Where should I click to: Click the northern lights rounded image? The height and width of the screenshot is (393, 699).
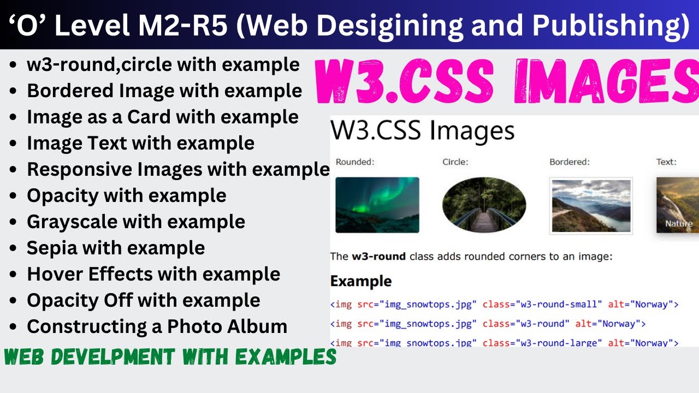click(377, 205)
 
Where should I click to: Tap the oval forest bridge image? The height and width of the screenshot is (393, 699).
click(484, 205)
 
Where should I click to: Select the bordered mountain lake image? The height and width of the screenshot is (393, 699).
click(591, 206)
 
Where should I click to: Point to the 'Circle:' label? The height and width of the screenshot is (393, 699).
click(455, 162)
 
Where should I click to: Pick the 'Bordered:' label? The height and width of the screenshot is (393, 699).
click(570, 162)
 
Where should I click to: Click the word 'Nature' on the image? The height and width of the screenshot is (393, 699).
click(679, 224)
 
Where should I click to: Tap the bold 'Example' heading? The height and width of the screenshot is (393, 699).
click(361, 282)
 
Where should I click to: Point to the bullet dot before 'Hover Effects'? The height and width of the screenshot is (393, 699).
click(13, 275)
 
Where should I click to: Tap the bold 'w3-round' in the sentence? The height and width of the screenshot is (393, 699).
click(378, 257)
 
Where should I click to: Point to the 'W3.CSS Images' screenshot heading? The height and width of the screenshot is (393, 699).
click(423, 131)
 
